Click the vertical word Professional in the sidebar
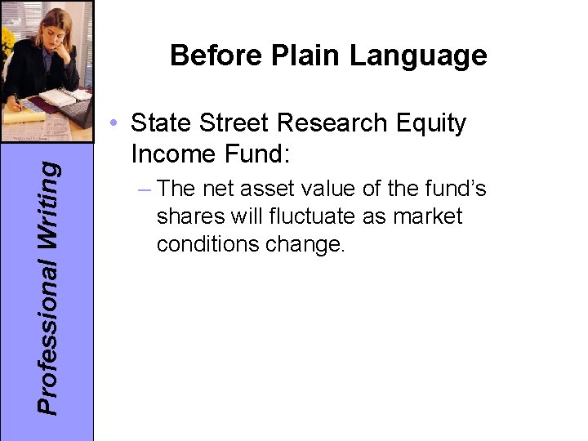(x=51, y=335)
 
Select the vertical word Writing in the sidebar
(x=51, y=201)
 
